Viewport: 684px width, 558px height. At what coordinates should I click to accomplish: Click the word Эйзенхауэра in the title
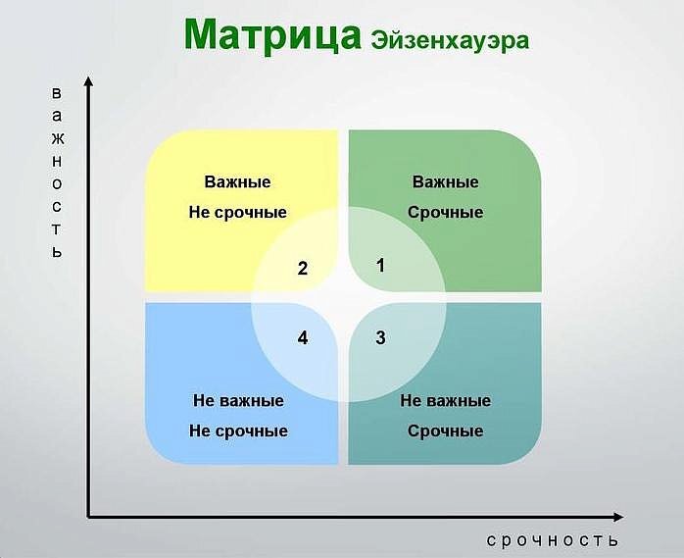point(450,40)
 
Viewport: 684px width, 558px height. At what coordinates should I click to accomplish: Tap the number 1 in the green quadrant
point(381,265)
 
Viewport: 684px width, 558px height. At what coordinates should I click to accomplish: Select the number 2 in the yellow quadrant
point(303,269)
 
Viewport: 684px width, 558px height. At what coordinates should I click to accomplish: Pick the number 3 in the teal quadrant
point(380,338)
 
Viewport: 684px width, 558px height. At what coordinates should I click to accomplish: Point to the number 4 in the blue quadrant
point(303,338)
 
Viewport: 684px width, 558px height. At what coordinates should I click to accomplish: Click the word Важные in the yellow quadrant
point(237,182)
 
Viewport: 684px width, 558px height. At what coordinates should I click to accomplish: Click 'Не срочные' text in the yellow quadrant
point(237,212)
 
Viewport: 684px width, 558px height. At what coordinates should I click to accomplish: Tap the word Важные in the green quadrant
point(445,182)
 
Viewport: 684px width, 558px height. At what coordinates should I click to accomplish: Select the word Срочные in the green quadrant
point(445,212)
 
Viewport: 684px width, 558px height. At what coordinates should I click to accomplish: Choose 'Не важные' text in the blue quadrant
point(238,400)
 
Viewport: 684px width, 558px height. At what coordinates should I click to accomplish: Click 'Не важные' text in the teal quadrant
point(446,400)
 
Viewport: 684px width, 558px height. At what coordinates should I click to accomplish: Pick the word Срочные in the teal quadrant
point(446,431)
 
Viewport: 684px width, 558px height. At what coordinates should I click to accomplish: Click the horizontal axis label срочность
point(553,541)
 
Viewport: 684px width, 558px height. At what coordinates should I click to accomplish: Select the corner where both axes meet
point(88,515)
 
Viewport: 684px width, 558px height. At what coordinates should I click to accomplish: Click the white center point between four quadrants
point(343,297)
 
